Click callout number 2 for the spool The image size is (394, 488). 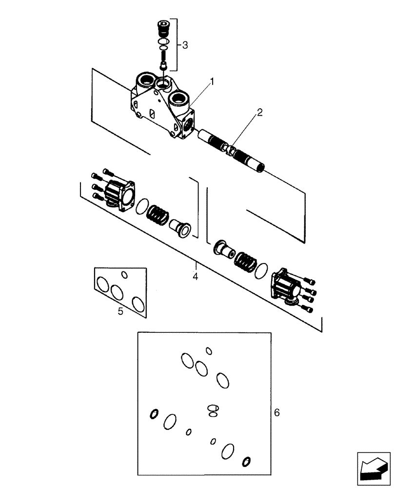(x=260, y=113)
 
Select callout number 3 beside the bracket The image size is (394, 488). (x=185, y=45)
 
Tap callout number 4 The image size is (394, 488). (x=196, y=277)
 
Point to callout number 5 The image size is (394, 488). (x=121, y=310)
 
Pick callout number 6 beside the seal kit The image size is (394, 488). (x=277, y=413)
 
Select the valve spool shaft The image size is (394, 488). (x=232, y=149)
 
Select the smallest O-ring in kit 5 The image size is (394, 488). (x=124, y=275)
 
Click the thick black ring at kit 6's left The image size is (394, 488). (x=154, y=414)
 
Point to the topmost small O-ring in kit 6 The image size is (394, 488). (x=209, y=350)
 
